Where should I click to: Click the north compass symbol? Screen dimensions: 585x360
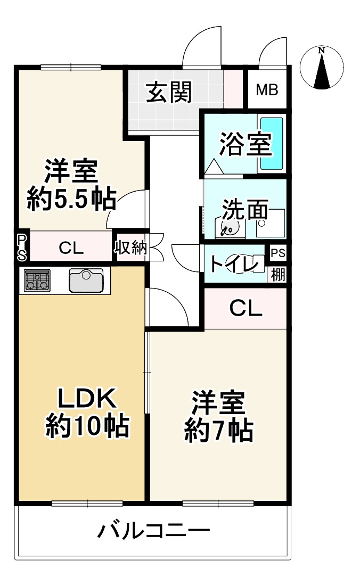321,68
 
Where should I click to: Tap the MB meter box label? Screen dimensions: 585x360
267,90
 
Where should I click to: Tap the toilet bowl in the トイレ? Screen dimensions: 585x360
242,263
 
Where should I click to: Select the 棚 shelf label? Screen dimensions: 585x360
277,275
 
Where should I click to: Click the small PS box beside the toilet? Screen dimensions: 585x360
277,252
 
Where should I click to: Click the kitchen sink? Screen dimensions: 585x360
86,280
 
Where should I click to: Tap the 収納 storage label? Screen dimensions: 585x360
131,248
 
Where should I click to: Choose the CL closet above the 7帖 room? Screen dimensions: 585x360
246,308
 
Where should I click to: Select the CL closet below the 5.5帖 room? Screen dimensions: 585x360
71,248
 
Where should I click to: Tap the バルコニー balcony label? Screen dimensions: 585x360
153,531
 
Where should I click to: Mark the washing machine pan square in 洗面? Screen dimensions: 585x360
270,223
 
